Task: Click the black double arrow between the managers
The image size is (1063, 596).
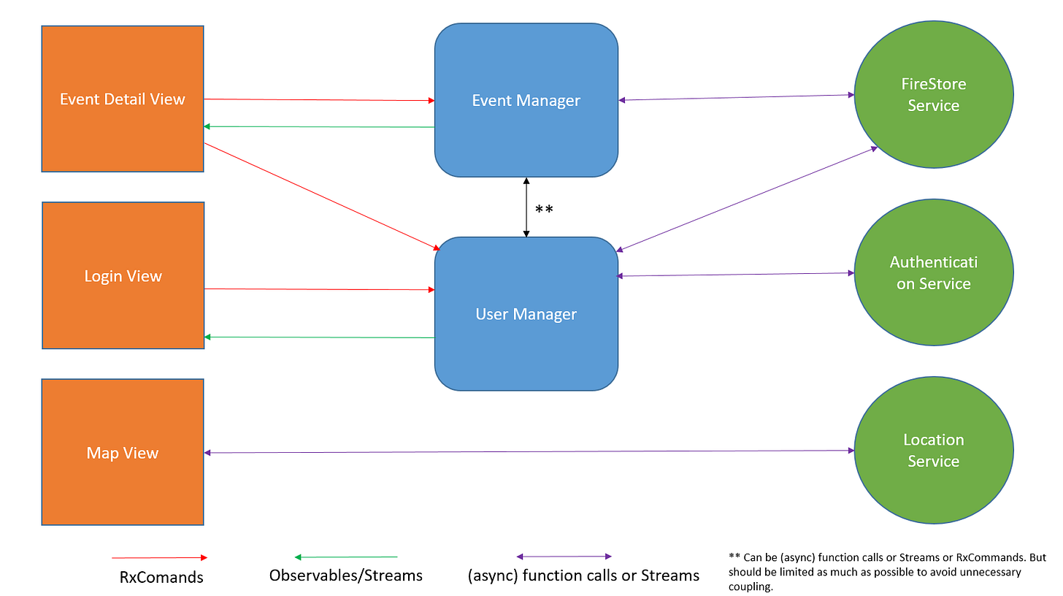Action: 526,207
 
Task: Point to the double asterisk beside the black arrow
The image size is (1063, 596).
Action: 544,210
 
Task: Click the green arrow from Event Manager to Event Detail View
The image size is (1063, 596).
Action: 319,127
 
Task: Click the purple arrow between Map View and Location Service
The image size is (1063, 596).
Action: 529,452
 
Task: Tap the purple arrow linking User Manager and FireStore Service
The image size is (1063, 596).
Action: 746,199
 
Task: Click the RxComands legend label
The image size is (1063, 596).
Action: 161,577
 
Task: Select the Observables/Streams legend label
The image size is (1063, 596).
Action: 345,576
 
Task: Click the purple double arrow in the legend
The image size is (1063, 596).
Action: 564,557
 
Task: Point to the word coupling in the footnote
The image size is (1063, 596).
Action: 750,587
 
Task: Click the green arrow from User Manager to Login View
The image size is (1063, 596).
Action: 319,337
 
